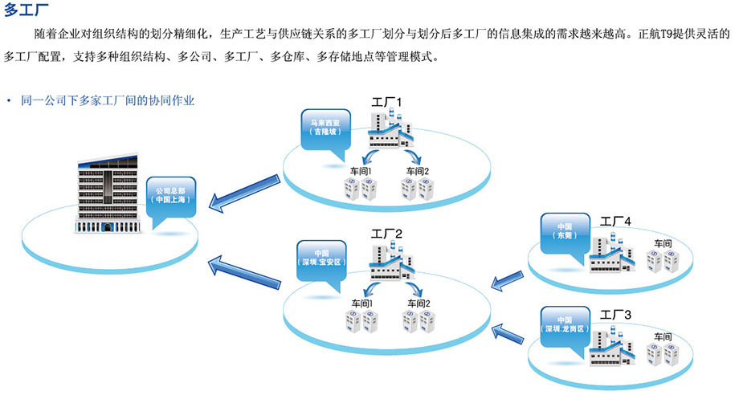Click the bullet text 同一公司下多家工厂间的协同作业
tap(107, 101)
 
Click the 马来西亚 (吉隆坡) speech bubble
tap(326, 128)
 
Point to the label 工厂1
tap(386, 103)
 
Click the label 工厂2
tap(387, 234)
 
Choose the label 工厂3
tap(616, 314)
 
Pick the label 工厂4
tap(616, 220)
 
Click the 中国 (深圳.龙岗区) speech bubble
tap(565, 325)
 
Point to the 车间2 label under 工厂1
tap(418, 171)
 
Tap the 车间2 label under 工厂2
tap(418, 303)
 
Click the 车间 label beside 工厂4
tap(663, 243)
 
